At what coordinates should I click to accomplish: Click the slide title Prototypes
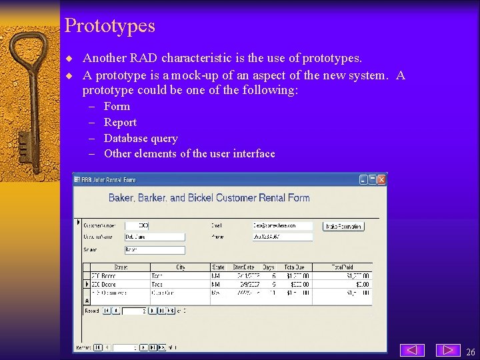pyautogui.click(x=110, y=26)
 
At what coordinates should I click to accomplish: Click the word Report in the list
pyautogui.click(x=120, y=122)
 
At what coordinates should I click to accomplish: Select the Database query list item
pyautogui.click(x=141, y=138)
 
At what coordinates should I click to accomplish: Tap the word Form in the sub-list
pyautogui.click(x=117, y=106)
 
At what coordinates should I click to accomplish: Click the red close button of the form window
pyautogui.click(x=382, y=179)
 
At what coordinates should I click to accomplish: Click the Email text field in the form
pyautogui.click(x=283, y=226)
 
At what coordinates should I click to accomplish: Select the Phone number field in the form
pyautogui.click(x=283, y=237)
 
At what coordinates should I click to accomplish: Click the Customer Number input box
pyautogui.click(x=137, y=226)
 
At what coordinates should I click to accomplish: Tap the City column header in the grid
pyautogui.click(x=181, y=267)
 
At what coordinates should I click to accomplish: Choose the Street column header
pyautogui.click(x=121, y=267)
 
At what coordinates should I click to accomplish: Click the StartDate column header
pyautogui.click(x=243, y=267)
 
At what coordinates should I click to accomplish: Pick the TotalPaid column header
pyautogui.click(x=342, y=267)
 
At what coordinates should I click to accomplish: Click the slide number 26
pyautogui.click(x=471, y=351)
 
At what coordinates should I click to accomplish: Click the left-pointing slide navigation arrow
pyautogui.click(x=413, y=350)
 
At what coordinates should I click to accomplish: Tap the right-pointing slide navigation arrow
pyautogui.click(x=448, y=350)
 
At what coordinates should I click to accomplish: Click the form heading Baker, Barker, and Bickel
pyautogui.click(x=209, y=198)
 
